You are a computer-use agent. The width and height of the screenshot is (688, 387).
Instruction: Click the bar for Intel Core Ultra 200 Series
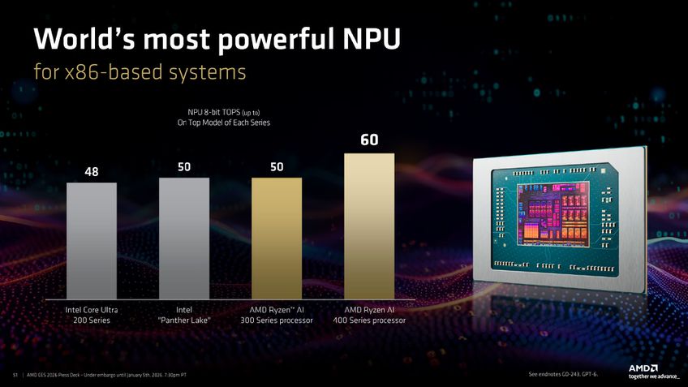tap(92, 241)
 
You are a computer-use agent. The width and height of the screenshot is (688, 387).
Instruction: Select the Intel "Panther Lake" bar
tap(184, 239)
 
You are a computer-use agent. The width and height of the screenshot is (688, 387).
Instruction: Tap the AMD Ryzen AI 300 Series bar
tap(277, 239)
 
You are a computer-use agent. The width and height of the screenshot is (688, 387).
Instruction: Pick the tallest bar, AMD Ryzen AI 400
tap(369, 227)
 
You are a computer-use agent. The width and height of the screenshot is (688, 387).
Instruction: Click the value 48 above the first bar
tap(92, 172)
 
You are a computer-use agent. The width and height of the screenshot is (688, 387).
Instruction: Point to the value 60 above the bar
tap(369, 141)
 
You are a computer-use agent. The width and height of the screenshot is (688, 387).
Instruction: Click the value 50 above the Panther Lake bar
tap(184, 166)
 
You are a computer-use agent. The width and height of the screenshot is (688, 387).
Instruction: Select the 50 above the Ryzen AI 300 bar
tap(277, 166)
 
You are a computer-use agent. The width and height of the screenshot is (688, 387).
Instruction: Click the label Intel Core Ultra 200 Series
tap(92, 315)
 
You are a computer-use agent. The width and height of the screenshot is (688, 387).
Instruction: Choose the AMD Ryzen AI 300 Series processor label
tap(277, 315)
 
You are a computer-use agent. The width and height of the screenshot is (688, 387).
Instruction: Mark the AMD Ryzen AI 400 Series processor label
tap(369, 315)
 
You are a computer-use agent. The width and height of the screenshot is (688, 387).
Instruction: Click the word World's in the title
tap(82, 38)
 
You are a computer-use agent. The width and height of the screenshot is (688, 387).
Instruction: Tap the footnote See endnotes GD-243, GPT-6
tap(562, 374)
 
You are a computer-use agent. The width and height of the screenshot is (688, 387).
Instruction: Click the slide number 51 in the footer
tap(15, 375)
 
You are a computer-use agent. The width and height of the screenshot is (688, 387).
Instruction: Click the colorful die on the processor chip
tap(544, 213)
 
